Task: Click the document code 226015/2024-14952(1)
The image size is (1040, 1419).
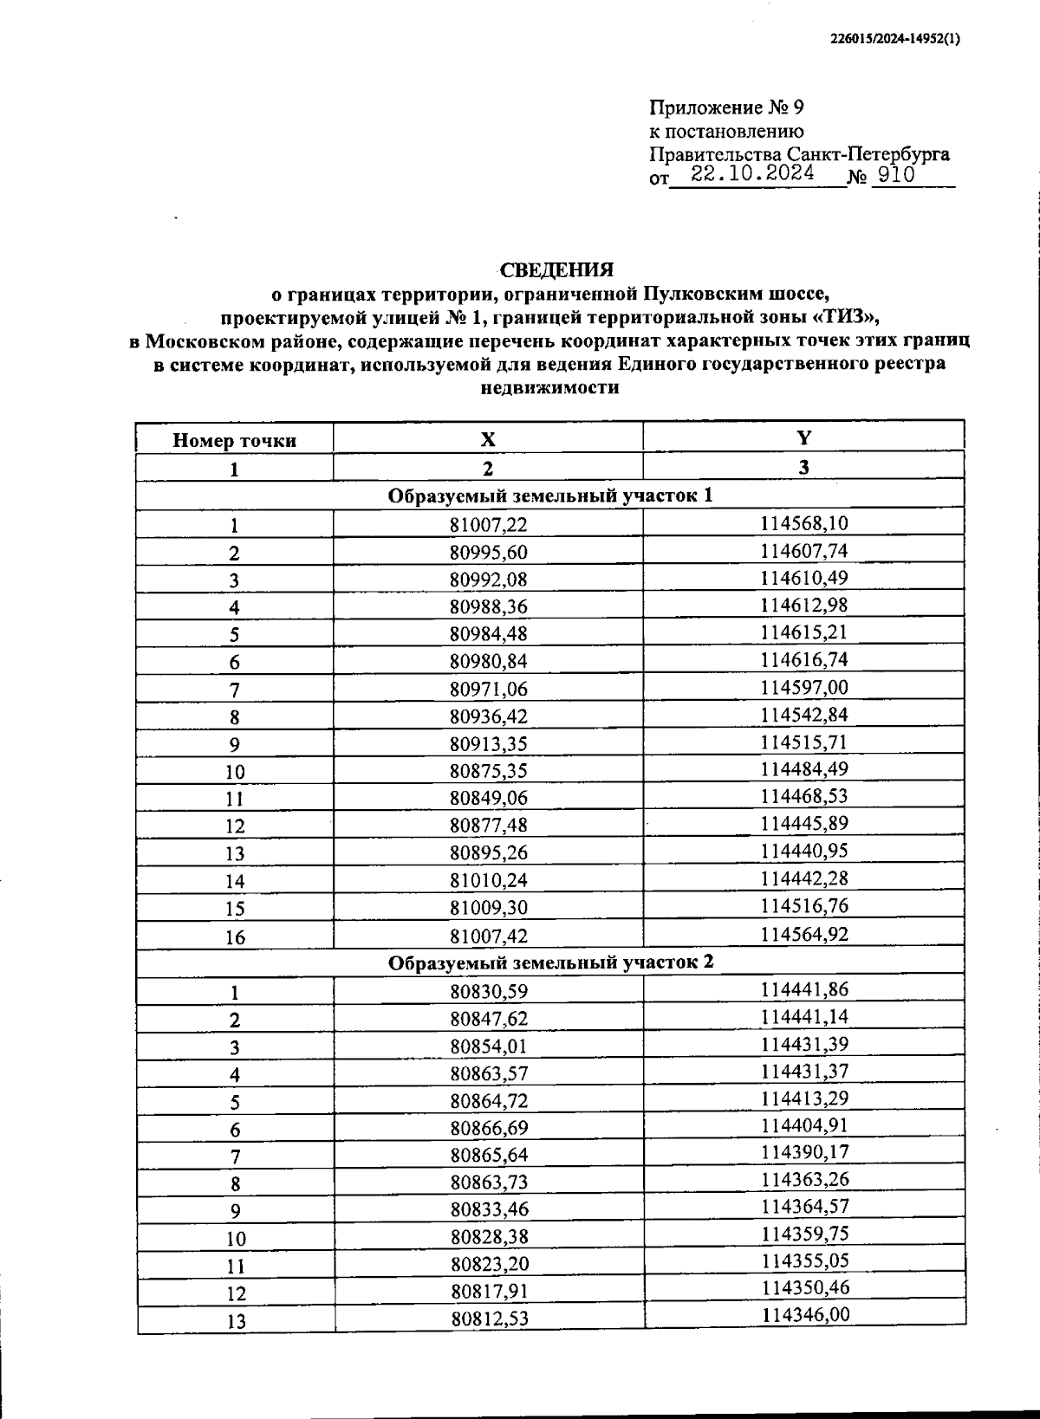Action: click(x=894, y=39)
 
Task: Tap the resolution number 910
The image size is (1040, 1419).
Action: click(x=895, y=175)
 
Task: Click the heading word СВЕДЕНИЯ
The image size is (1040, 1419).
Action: click(x=556, y=269)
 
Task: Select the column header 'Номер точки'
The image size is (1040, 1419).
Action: click(x=234, y=440)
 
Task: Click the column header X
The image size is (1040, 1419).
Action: click(x=488, y=439)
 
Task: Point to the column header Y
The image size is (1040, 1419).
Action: click(x=804, y=437)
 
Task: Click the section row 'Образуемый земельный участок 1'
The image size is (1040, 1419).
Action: click(x=550, y=496)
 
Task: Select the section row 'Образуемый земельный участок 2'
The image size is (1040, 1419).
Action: click(x=550, y=962)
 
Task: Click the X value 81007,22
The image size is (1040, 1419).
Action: click(x=488, y=525)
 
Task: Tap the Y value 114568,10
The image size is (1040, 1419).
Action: click(x=804, y=523)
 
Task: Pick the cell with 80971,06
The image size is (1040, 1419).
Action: click(x=488, y=690)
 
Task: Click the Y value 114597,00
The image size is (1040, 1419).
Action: click(x=804, y=688)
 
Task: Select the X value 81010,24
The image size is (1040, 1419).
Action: click(x=488, y=881)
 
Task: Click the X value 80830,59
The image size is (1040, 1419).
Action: click(x=488, y=992)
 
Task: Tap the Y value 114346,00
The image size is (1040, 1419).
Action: click(x=805, y=1315)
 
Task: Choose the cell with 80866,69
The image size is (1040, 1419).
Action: click(x=489, y=1128)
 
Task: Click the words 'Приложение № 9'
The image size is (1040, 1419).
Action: click(x=726, y=108)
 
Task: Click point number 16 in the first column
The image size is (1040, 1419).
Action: click(x=235, y=937)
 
